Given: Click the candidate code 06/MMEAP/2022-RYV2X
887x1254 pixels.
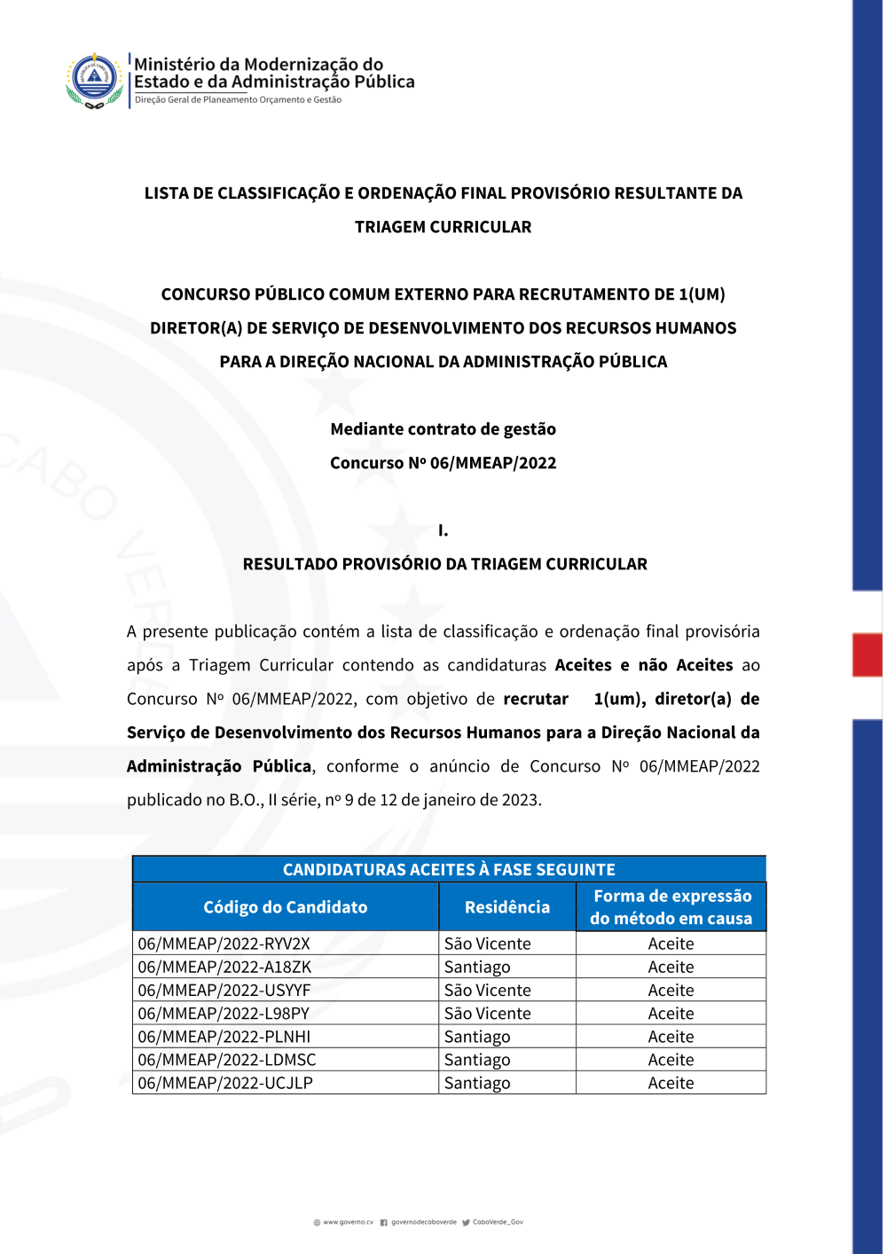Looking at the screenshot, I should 224,944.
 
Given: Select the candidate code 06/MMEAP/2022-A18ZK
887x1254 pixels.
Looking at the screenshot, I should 224,967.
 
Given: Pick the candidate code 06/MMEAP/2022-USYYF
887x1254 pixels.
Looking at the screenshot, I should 224,990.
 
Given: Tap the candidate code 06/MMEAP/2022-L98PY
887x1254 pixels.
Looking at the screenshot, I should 224,1013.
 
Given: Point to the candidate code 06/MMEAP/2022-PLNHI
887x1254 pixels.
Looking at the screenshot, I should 224,1036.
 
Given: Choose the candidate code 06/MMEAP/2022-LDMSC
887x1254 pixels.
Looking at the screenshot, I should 226,1059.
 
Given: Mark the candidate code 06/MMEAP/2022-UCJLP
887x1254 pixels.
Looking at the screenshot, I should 225,1082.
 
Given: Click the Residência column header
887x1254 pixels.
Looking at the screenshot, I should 507,907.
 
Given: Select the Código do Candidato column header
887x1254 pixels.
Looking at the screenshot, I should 285,907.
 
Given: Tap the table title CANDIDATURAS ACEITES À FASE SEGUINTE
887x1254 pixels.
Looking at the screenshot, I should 449,869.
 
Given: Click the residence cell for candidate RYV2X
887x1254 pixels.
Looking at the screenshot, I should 488,944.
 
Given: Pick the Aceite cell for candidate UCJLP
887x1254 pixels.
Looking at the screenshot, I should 671,1082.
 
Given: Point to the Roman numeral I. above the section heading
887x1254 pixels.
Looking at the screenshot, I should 443,530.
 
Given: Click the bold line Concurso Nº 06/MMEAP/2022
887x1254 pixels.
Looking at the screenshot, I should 443,463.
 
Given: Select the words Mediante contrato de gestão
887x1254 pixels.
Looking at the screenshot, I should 443,429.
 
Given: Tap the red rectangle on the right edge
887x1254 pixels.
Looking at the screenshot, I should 867,654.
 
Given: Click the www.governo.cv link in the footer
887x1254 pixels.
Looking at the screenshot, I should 348,1222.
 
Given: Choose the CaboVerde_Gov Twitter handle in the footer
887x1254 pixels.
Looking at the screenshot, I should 498,1222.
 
